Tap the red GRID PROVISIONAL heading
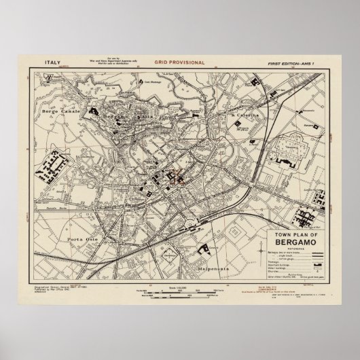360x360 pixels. pos(180,62)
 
